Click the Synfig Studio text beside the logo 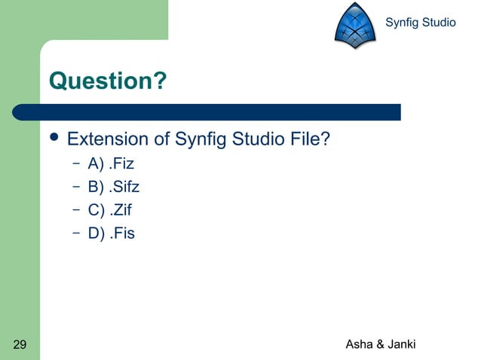coord(420,23)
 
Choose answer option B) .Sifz coord(114,185)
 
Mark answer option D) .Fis coord(111,233)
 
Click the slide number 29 coord(20,345)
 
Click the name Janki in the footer coord(402,345)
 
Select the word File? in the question coord(308,139)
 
